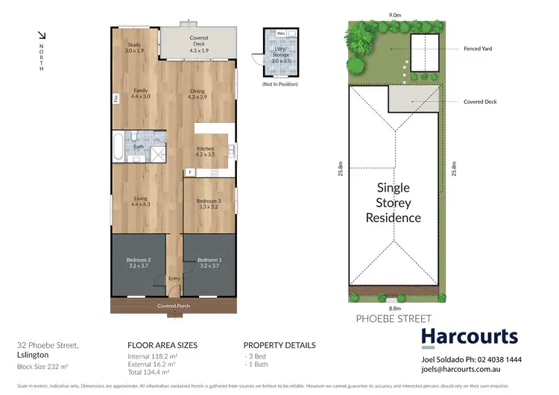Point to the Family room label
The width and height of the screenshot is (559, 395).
point(140,93)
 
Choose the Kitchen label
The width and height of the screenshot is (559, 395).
point(205,152)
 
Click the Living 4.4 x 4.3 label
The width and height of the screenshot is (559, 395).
point(140,201)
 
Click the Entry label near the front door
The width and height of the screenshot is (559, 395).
point(174,278)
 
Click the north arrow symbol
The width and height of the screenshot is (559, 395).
point(42,35)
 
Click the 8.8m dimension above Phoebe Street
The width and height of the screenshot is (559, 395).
point(393,306)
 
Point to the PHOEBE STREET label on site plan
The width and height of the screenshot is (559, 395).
point(382,319)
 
